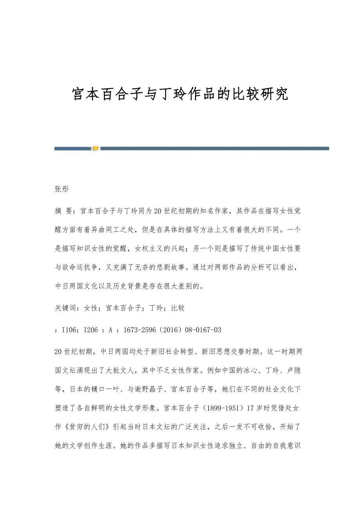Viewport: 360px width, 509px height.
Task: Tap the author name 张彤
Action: (x=61, y=189)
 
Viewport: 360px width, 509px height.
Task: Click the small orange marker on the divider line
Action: (x=95, y=148)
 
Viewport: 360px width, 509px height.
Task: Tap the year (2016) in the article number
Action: (x=172, y=330)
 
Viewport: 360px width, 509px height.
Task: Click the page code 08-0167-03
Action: (x=204, y=330)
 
